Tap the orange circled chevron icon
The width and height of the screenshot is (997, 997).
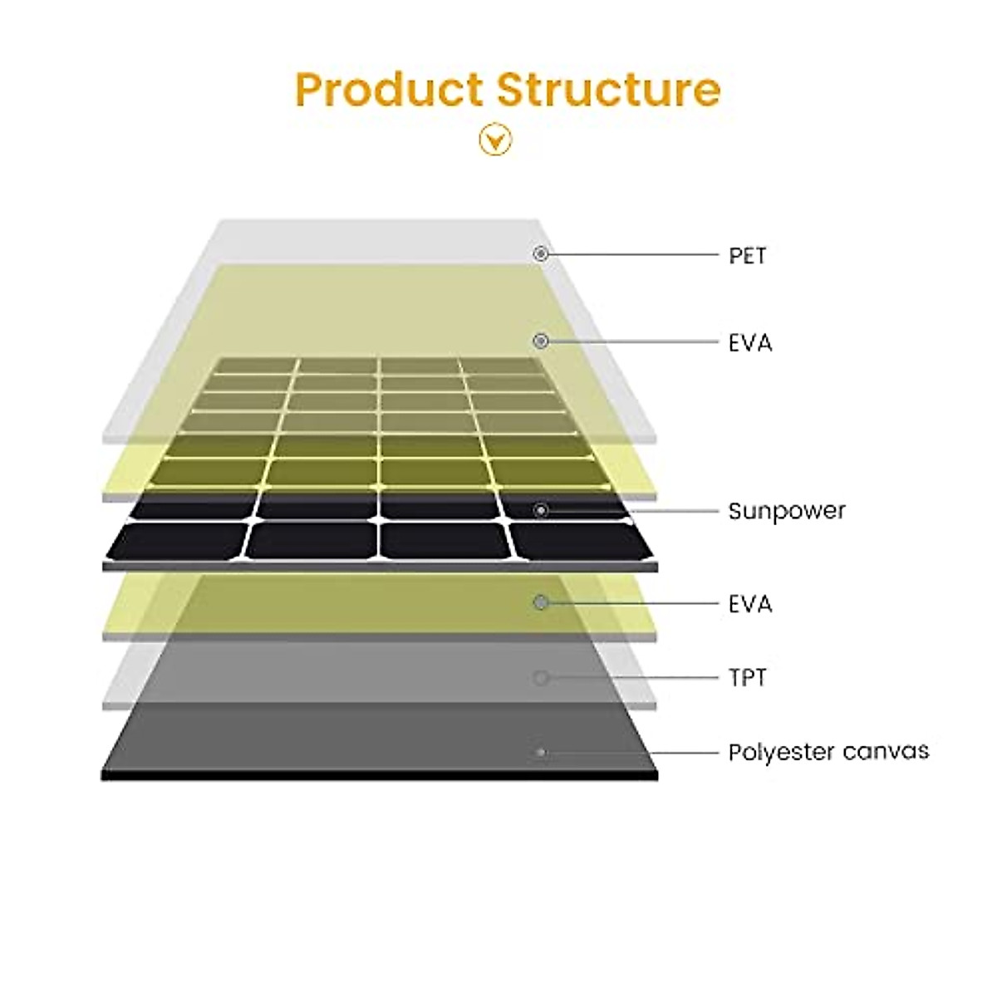pyautogui.click(x=495, y=140)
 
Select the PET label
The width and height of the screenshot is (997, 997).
pyautogui.click(x=747, y=256)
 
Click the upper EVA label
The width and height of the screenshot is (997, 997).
pyautogui.click(x=750, y=342)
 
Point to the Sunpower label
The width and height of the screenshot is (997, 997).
pyautogui.click(x=786, y=510)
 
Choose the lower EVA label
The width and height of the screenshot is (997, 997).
pyautogui.click(x=750, y=603)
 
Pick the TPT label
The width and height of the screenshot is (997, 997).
pyautogui.click(x=747, y=678)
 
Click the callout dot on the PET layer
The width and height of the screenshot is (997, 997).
pyautogui.click(x=541, y=253)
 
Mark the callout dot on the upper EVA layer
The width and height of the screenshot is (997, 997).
pyautogui.click(x=541, y=341)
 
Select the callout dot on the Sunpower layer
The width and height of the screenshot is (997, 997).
pyautogui.click(x=541, y=510)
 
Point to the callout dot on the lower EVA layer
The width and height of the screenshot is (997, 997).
pyautogui.click(x=541, y=602)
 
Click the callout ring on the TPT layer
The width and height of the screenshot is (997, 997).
pyautogui.click(x=541, y=678)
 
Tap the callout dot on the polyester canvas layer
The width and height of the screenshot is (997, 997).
pyautogui.click(x=541, y=753)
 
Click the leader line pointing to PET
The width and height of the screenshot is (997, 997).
pyautogui.click(x=631, y=253)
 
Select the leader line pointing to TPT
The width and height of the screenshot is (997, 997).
pyautogui.click(x=631, y=678)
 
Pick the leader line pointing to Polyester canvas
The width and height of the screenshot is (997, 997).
pyautogui.click(x=631, y=753)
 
